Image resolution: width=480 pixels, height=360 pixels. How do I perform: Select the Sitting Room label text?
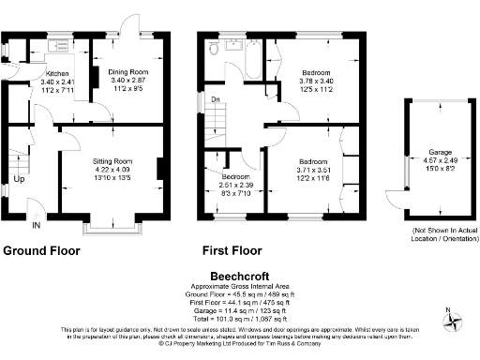tap(118, 161)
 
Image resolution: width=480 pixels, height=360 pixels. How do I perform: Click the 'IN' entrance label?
tap(37, 226)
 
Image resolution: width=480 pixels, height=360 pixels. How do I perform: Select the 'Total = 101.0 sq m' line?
tap(240, 318)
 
